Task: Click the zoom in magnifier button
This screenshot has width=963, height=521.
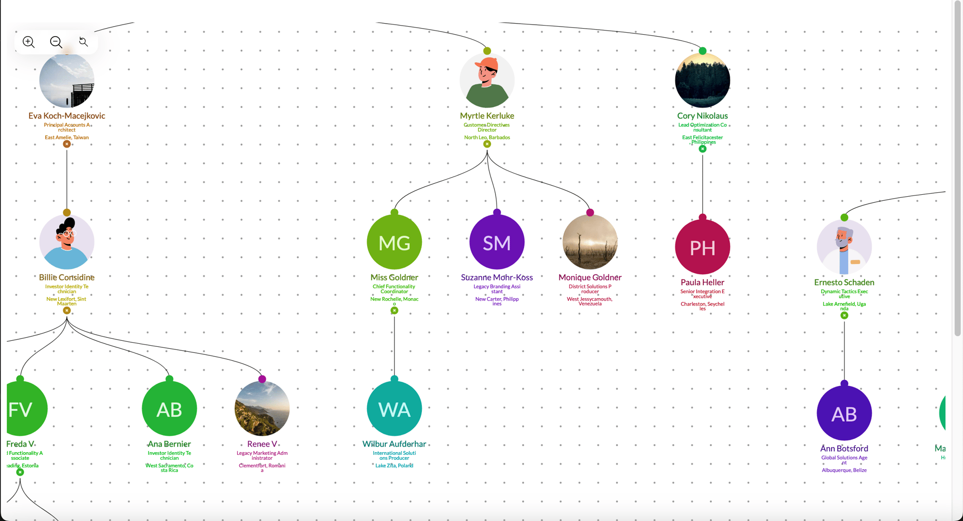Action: (29, 42)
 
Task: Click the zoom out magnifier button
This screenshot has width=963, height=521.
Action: (56, 42)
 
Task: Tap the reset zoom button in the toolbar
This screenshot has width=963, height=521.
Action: (84, 42)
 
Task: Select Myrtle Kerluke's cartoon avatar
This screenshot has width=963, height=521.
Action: (487, 80)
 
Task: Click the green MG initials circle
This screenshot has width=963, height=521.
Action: (394, 242)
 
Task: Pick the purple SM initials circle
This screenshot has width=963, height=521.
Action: (497, 242)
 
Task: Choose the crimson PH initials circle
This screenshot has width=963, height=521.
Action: (702, 247)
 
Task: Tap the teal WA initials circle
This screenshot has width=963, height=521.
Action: (394, 409)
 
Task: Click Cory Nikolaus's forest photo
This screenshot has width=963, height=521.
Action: (702, 80)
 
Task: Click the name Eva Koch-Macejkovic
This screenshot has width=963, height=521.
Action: (67, 116)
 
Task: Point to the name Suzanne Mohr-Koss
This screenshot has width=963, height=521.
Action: (497, 278)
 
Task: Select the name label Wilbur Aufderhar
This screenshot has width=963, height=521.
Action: (394, 444)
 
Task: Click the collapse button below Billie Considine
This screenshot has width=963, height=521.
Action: (67, 311)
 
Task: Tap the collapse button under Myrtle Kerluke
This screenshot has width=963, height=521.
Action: (487, 144)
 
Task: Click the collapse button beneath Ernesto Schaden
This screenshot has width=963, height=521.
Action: (844, 316)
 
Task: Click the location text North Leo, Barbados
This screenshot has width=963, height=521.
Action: (487, 138)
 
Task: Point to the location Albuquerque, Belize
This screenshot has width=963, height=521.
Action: (844, 470)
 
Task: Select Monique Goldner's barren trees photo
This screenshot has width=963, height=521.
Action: (590, 242)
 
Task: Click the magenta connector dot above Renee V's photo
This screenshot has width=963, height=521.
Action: (262, 379)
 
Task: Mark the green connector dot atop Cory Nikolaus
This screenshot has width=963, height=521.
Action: (702, 51)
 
